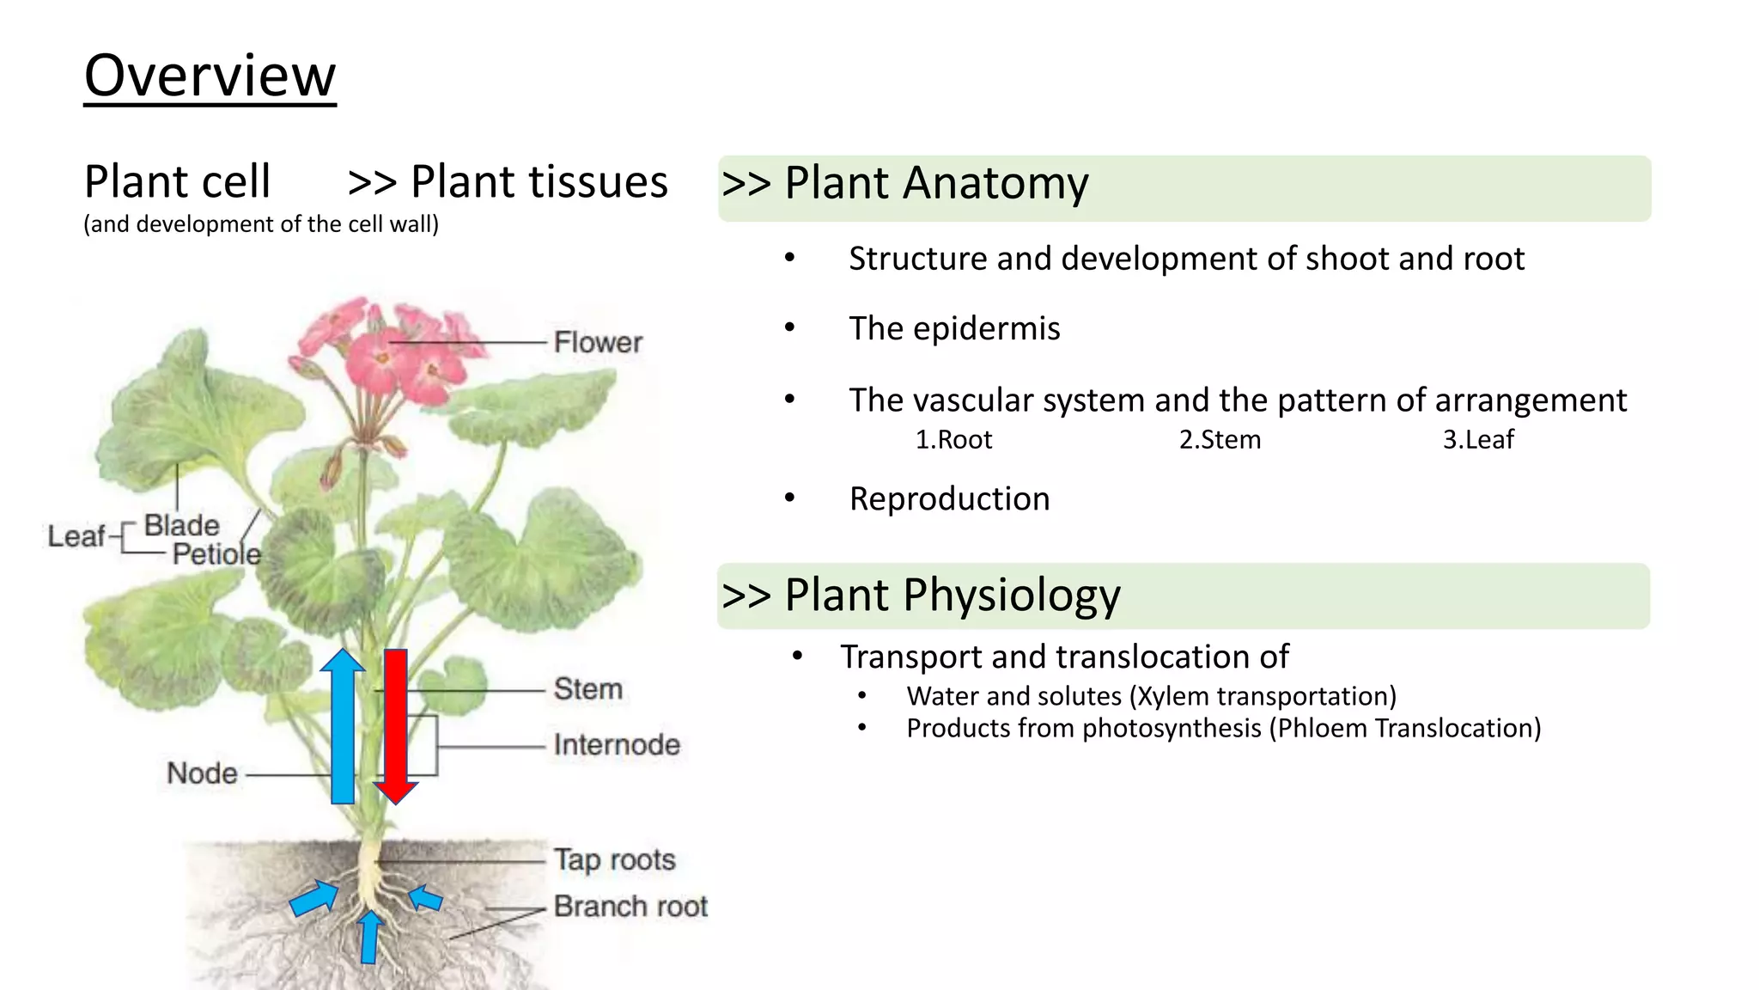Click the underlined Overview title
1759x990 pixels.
(x=210, y=76)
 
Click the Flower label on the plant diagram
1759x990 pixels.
(x=598, y=342)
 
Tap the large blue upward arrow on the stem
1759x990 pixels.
(x=343, y=726)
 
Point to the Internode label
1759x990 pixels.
(x=616, y=744)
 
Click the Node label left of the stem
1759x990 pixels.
(x=202, y=773)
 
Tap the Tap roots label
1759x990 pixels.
(x=614, y=859)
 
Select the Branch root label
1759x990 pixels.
(x=630, y=906)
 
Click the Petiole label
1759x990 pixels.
(x=216, y=554)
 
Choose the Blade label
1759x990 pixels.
(x=181, y=525)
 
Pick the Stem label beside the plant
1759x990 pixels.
(x=587, y=688)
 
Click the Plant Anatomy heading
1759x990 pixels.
(x=936, y=184)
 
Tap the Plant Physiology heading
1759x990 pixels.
(x=952, y=596)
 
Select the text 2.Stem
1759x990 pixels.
(x=1220, y=440)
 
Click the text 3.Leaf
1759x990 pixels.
(x=1478, y=440)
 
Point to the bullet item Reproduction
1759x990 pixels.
(x=949, y=499)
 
